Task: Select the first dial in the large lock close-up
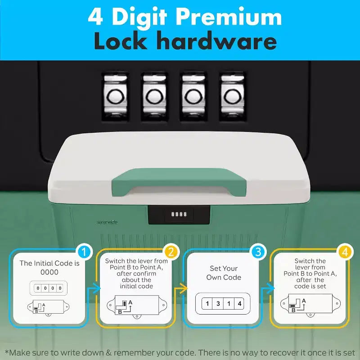tap(115, 97)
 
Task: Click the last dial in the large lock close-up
tap(233, 97)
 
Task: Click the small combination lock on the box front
tap(179, 215)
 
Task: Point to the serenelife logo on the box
tap(107, 222)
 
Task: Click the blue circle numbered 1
tap(84, 252)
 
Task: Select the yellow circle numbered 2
tap(171, 252)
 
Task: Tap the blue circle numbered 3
tap(258, 252)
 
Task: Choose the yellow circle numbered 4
tap(345, 252)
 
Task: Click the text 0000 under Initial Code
tap(49, 272)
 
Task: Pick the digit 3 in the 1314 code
tap(218, 303)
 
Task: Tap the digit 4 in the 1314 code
tap(239, 303)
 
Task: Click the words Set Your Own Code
tap(224, 273)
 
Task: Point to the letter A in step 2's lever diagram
tap(130, 302)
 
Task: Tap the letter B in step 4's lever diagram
tap(293, 310)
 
